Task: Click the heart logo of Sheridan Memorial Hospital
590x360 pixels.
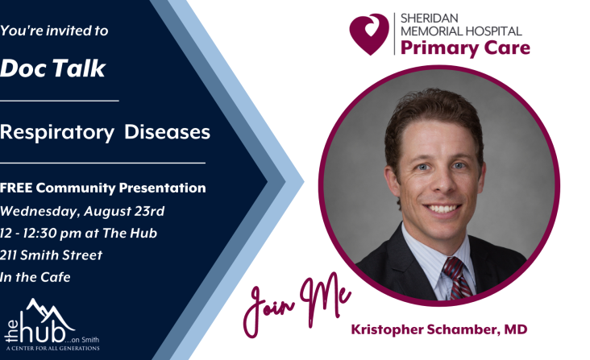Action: click(369, 34)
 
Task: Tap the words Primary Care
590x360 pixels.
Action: click(465, 48)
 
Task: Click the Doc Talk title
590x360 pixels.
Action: click(52, 68)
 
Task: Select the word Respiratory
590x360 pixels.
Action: click(57, 133)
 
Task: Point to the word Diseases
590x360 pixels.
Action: click(167, 132)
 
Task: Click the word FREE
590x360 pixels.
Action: click(16, 188)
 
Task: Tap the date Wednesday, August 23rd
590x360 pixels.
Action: click(82, 211)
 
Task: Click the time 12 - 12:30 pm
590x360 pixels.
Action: click(40, 234)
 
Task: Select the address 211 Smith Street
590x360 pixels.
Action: click(51, 255)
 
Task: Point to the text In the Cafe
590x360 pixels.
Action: click(35, 277)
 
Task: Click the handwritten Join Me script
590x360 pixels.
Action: click(297, 304)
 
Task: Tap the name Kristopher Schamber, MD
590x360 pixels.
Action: click(439, 329)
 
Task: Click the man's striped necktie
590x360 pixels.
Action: click(456, 278)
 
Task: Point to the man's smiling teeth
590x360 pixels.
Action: click(442, 208)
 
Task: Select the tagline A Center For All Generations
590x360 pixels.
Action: click(52, 349)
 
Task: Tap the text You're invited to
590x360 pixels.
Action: click(54, 31)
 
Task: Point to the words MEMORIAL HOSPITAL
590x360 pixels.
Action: click(461, 31)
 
